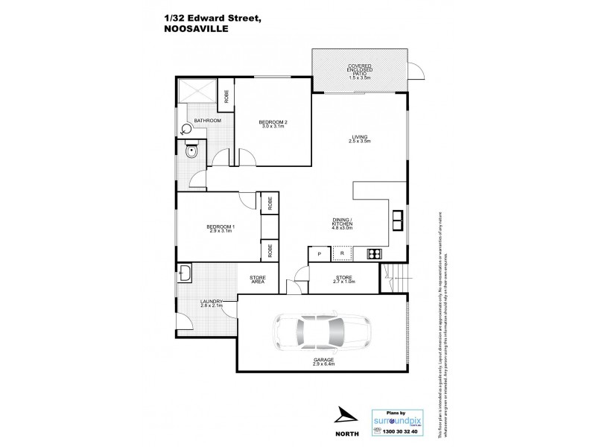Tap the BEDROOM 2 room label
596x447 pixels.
click(x=273, y=124)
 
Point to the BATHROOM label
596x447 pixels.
click(x=207, y=121)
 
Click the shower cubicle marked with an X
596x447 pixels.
click(x=199, y=92)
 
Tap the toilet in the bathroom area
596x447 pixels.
click(x=186, y=130)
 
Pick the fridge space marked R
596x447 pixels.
click(x=342, y=255)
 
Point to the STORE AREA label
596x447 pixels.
click(x=258, y=280)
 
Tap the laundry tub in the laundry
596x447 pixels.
click(x=186, y=275)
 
